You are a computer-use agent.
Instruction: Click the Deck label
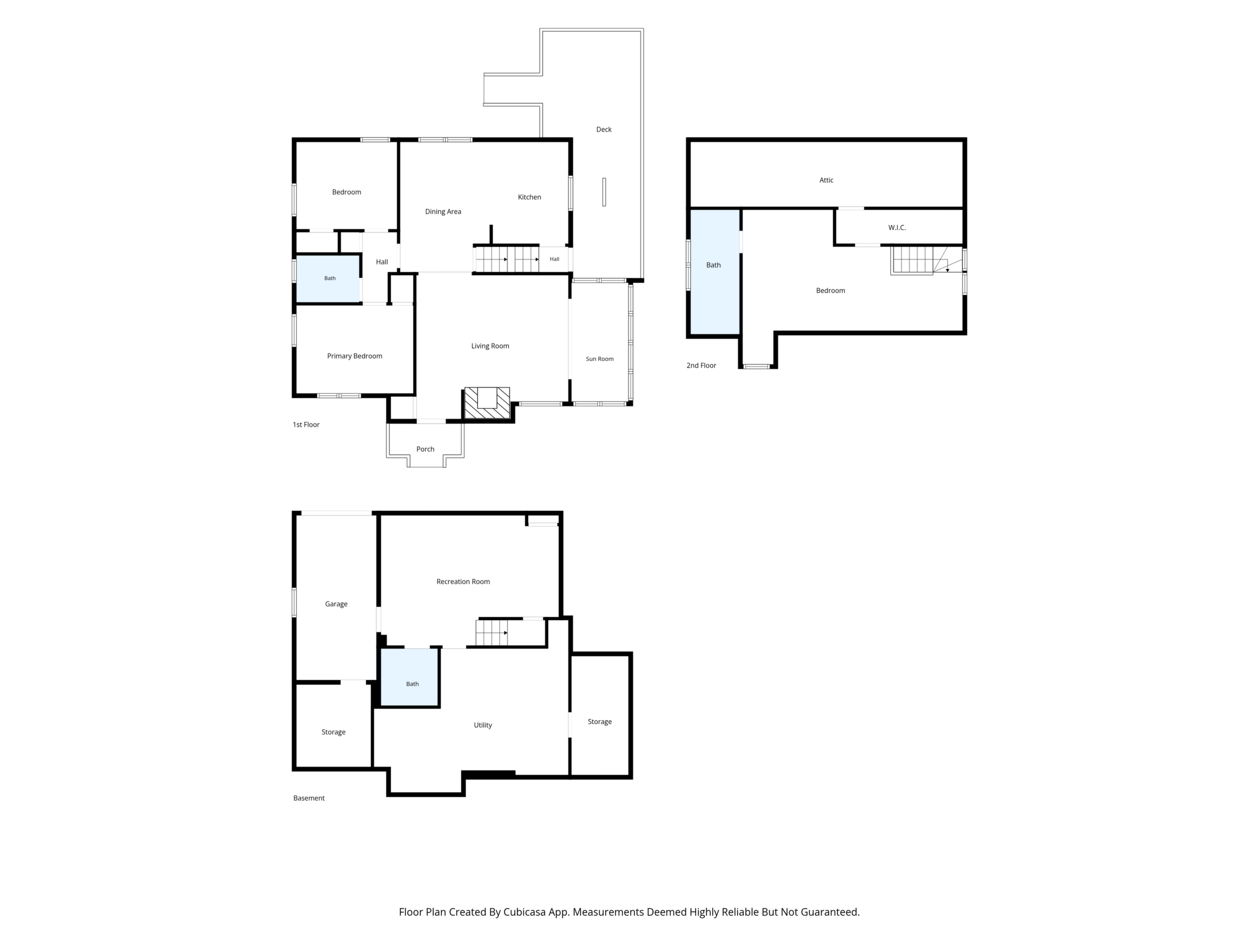point(604,130)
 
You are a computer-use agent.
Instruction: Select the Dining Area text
point(443,212)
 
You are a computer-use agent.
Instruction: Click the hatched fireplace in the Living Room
point(487,403)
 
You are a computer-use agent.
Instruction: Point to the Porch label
point(425,449)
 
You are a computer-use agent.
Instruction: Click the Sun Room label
point(600,359)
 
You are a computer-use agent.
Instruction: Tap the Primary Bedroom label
point(355,356)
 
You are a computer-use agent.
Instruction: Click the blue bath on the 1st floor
point(328,279)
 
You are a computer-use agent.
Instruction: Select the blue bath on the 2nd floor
point(715,272)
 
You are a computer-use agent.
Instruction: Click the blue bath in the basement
point(409,677)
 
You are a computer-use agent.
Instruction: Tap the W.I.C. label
point(897,227)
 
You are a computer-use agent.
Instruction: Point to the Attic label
point(826,181)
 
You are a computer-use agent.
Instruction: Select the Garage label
point(336,604)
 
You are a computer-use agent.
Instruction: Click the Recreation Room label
point(464,581)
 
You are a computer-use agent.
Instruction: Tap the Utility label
point(483,725)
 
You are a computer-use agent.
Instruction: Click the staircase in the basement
point(492,633)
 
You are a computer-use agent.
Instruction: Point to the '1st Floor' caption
point(306,425)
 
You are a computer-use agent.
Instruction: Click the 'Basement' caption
point(309,798)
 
